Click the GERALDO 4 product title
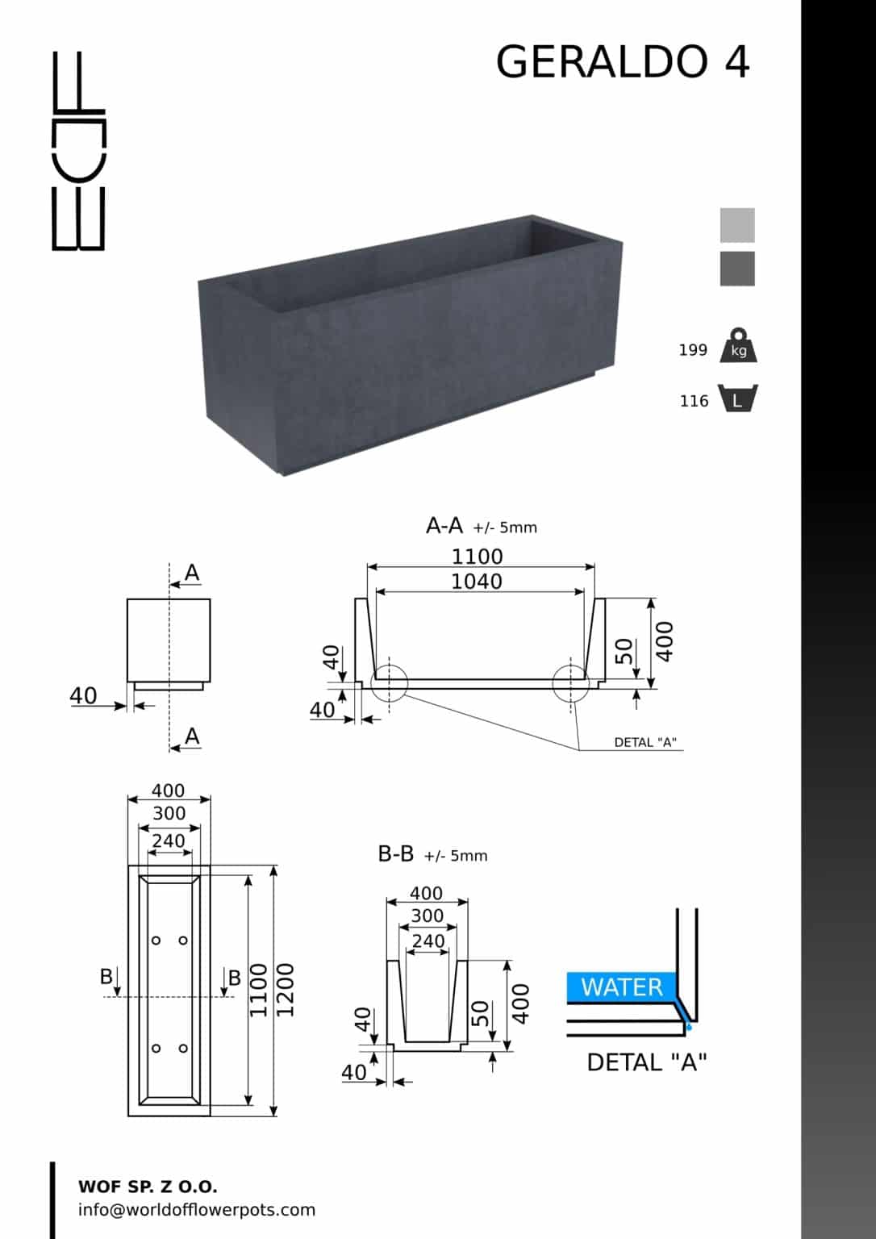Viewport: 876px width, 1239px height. click(x=623, y=61)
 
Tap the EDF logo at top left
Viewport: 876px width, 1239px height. click(x=78, y=151)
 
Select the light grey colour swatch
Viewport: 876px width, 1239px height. click(x=737, y=225)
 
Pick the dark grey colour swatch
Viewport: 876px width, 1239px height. click(x=737, y=269)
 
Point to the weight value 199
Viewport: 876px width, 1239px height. click(x=693, y=350)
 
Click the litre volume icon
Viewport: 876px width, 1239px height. click(x=738, y=398)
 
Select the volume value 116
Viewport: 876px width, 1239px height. click(x=694, y=401)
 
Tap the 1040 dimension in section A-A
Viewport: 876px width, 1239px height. click(x=477, y=582)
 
